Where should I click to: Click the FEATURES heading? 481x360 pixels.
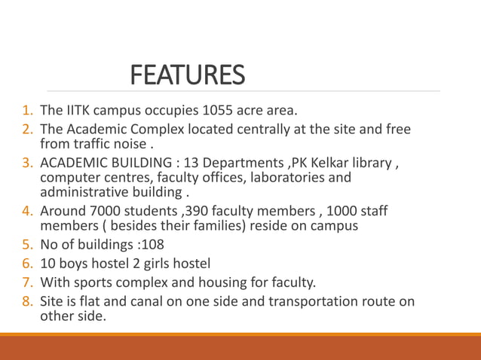point(188,75)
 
